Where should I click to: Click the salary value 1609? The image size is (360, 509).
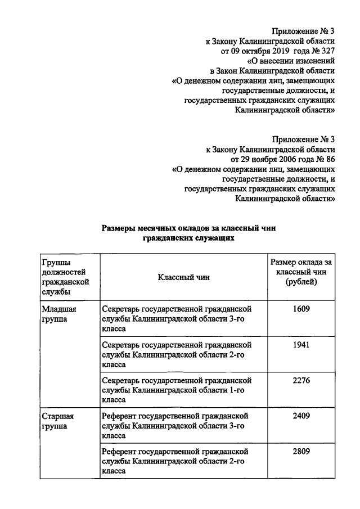(x=301, y=309)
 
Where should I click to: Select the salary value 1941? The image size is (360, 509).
(x=301, y=345)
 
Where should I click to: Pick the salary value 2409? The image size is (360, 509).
(x=301, y=416)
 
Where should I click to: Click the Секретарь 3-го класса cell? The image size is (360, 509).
(x=176, y=318)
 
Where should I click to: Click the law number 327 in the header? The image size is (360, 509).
(x=329, y=50)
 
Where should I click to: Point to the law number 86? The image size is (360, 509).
(x=331, y=159)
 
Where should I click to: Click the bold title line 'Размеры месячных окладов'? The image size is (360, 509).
(x=190, y=228)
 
